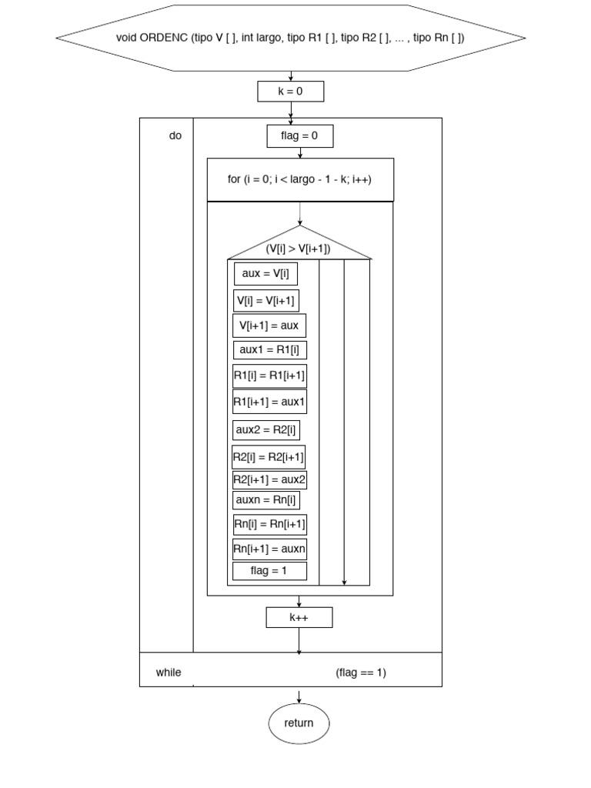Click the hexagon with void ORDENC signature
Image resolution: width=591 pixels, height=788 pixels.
pos(291,37)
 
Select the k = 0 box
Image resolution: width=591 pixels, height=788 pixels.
pos(291,92)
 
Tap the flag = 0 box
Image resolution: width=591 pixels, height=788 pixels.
pos(300,136)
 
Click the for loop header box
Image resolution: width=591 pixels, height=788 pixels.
pos(300,179)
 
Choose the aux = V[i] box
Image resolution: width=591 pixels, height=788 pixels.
pos(265,273)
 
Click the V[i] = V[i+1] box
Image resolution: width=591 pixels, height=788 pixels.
pos(265,300)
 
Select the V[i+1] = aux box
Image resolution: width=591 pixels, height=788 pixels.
pos(269,326)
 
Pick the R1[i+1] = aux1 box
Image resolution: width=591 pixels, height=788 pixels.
pos(269,402)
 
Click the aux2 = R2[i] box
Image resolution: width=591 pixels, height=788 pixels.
pos(265,429)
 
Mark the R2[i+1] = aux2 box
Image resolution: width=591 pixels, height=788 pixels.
pos(269,480)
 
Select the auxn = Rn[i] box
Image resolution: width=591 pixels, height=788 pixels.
pos(265,500)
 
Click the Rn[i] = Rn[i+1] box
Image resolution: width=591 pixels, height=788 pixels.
pos(269,525)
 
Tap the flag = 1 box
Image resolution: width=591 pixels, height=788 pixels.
pos(269,571)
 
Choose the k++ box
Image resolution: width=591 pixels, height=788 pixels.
pos(299,617)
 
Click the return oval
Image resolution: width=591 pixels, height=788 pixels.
pos(299,723)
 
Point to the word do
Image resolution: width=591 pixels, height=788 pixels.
pos(175,135)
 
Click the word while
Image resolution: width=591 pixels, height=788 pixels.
pos(169,673)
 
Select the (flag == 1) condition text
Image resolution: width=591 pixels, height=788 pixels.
pos(361,673)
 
